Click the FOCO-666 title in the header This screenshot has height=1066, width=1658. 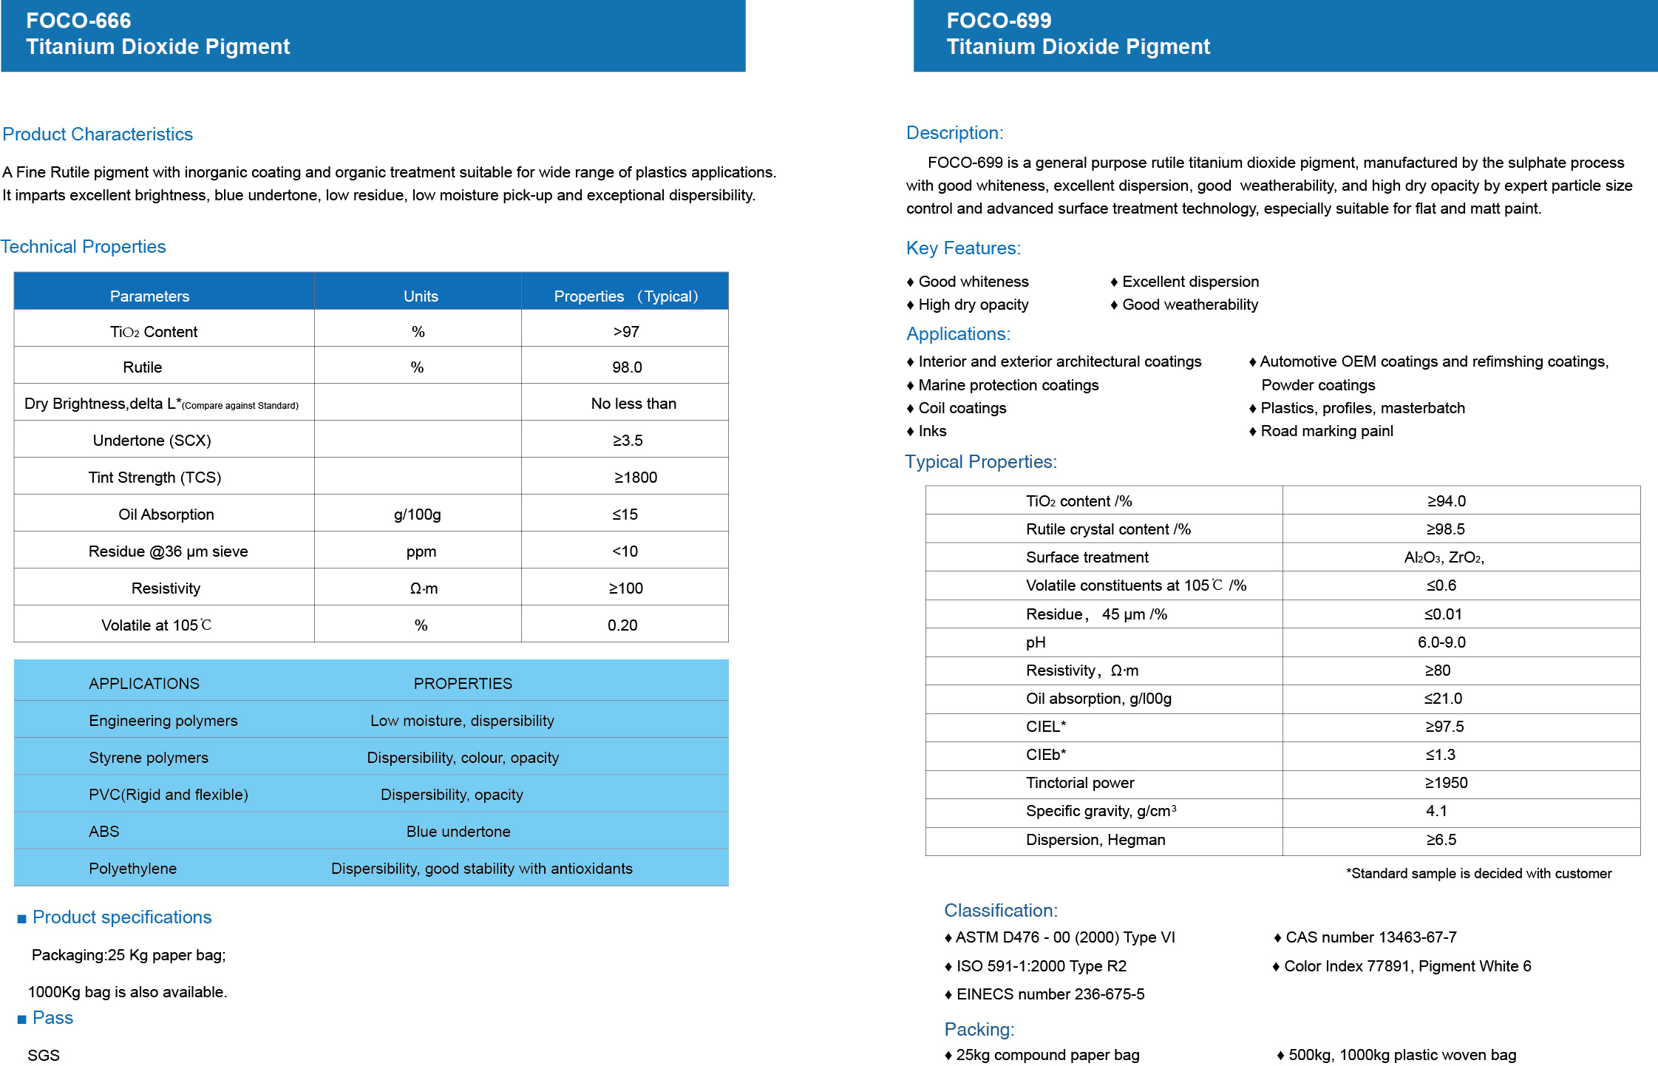(78, 21)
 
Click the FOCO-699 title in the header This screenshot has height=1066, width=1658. (999, 21)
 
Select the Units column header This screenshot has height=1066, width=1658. (421, 296)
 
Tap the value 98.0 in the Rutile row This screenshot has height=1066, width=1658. (627, 367)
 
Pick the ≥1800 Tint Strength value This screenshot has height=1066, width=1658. (635, 478)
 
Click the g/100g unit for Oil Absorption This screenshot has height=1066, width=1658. (417, 515)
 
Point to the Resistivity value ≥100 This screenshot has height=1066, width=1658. (625, 588)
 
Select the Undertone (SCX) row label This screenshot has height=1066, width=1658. (152, 441)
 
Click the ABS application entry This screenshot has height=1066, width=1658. (104, 832)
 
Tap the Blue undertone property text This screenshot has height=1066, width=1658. (458, 832)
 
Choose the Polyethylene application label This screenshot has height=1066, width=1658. (133, 869)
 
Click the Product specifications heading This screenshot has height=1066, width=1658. (122, 917)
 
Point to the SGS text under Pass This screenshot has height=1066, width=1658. (44, 1056)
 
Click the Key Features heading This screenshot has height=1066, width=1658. (963, 248)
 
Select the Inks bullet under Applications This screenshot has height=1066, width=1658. (931, 431)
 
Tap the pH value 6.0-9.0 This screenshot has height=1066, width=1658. (1441, 642)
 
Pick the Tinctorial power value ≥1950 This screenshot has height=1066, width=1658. (1446, 783)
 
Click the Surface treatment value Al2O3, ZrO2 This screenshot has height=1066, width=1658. (1444, 557)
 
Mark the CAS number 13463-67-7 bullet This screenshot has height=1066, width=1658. (1370, 937)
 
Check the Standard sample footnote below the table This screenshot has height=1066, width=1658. (1478, 874)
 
